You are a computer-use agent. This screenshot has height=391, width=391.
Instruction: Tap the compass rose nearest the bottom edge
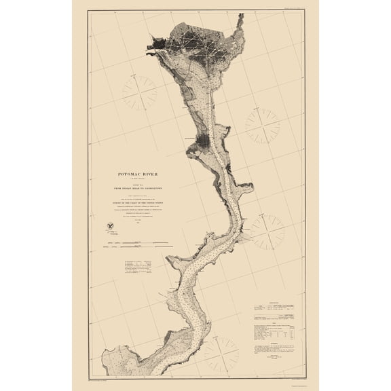pyautogui.click(x=221, y=353)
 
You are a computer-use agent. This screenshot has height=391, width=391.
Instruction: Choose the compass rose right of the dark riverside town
pyautogui.click(x=262, y=126)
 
